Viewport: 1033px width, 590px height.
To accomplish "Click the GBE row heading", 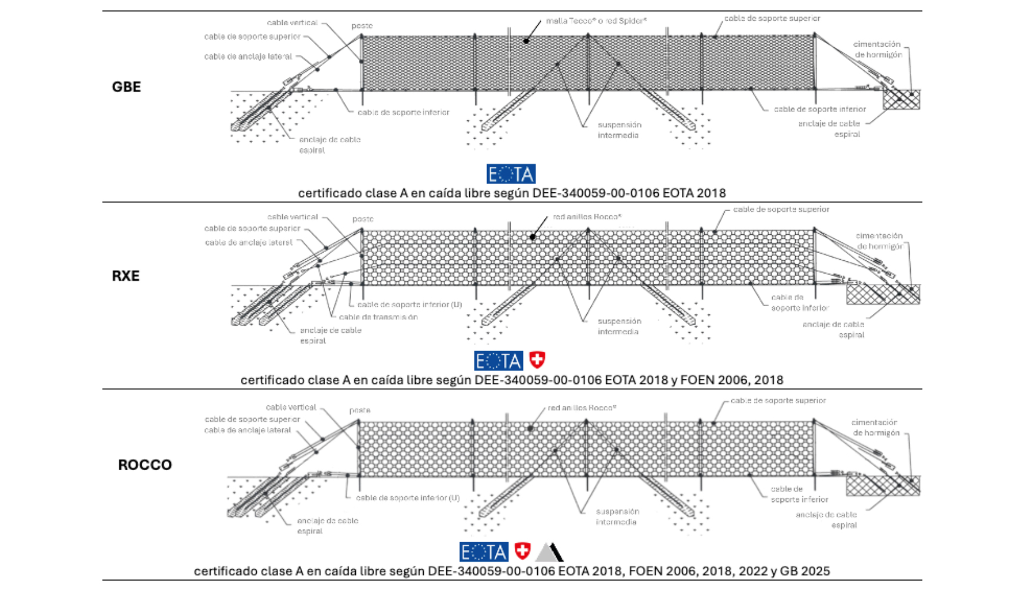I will (126, 87).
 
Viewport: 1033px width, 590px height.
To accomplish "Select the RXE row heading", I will (126, 276).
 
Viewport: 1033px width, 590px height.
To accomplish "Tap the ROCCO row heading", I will (145, 465).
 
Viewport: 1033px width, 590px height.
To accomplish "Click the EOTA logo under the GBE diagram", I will (511, 174).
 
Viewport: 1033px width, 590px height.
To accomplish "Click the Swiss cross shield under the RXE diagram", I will (537, 360).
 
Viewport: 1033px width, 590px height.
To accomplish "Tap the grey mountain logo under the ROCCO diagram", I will (550, 552).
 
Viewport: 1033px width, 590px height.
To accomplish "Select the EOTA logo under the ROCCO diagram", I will (483, 552).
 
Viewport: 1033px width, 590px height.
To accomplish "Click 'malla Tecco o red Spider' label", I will (596, 21).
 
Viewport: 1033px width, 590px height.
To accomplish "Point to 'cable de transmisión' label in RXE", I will (378, 317).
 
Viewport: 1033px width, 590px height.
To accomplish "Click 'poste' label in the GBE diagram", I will (362, 26).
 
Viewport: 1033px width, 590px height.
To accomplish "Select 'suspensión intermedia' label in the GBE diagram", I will (619, 130).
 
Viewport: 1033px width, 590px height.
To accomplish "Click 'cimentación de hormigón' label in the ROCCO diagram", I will (874, 428).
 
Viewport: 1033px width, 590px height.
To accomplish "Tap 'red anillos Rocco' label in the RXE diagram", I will (587, 217).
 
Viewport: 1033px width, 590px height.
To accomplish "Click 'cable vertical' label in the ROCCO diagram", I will (291, 408).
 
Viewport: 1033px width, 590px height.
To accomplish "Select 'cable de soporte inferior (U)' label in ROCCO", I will (407, 498).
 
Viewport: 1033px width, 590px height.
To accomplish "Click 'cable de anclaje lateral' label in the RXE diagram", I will (249, 242).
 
